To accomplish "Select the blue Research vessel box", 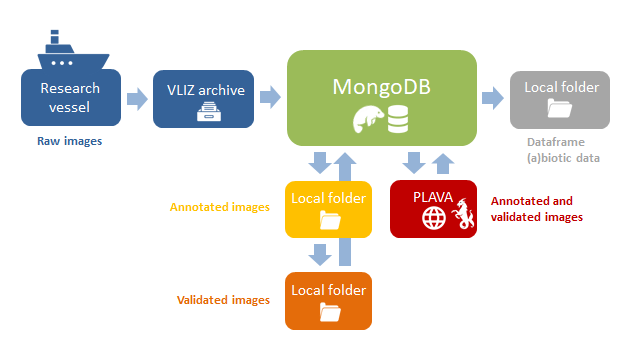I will click(70, 98).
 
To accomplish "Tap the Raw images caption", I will click(69, 141).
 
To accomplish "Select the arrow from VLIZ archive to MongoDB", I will click(269, 98).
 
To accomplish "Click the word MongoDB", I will click(381, 85).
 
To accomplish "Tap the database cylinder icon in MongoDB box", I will click(399, 122).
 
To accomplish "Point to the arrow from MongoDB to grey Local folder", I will click(492, 98).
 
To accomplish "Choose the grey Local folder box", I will click(560, 98).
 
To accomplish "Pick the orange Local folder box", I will click(328, 300).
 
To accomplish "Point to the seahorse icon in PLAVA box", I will click(461, 214).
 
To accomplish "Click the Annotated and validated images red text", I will click(537, 208).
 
